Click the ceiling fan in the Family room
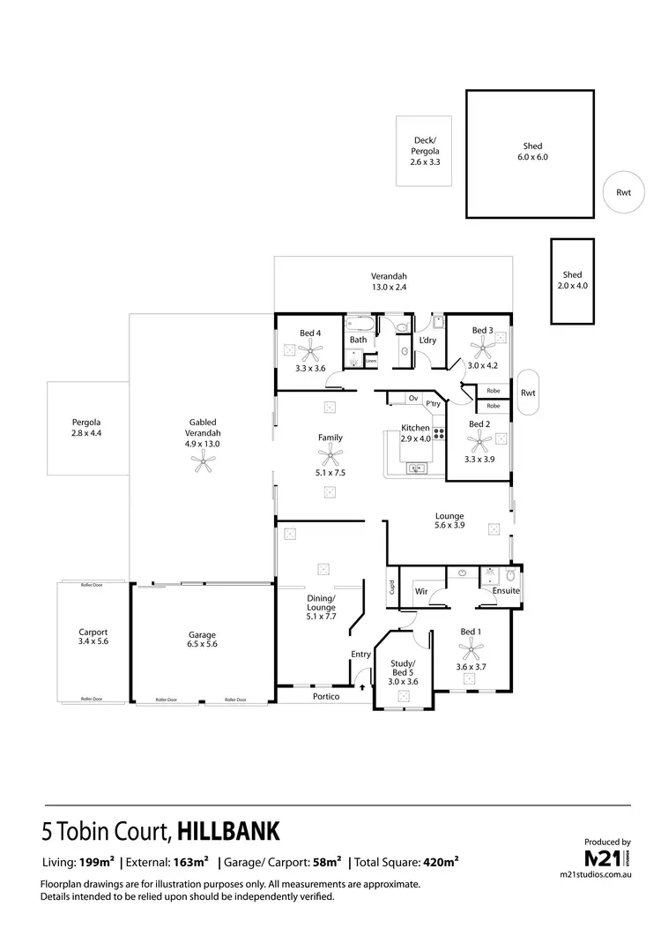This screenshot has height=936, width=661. [x=330, y=456]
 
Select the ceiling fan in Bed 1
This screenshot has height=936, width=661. [x=471, y=650]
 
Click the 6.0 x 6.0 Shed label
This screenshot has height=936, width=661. [x=531, y=152]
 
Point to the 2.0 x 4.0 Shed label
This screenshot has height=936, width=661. [x=572, y=281]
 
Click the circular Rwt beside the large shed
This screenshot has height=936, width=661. [x=624, y=191]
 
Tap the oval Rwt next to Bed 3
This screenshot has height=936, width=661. [x=527, y=393]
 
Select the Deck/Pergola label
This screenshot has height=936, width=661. [x=425, y=151]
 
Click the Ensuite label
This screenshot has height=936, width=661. [x=506, y=591]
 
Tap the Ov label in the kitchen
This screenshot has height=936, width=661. [x=412, y=399]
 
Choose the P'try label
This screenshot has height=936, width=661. [x=433, y=404]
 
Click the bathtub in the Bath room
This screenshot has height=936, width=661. [x=360, y=323]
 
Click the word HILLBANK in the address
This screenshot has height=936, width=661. [x=228, y=831]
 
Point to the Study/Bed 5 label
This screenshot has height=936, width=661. [x=404, y=670]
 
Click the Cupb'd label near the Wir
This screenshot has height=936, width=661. [x=391, y=586]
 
